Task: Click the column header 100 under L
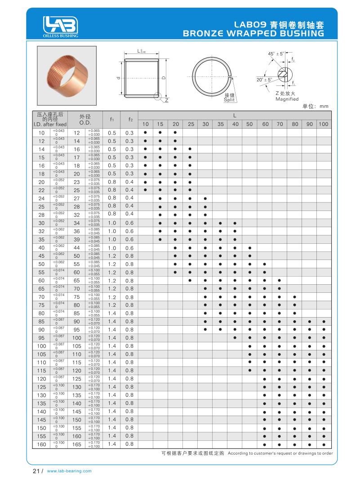324,124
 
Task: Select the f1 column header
112,120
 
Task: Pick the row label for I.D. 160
42,444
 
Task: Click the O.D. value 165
77,444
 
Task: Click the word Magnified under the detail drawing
287,99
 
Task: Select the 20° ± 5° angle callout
265,80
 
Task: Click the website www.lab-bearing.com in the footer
69,471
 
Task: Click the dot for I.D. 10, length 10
145,133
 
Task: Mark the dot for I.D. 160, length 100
324,444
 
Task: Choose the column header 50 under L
249,124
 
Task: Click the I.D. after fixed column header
50,120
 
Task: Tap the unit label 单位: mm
316,107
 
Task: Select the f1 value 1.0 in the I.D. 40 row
112,248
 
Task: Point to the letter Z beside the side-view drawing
166,100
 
